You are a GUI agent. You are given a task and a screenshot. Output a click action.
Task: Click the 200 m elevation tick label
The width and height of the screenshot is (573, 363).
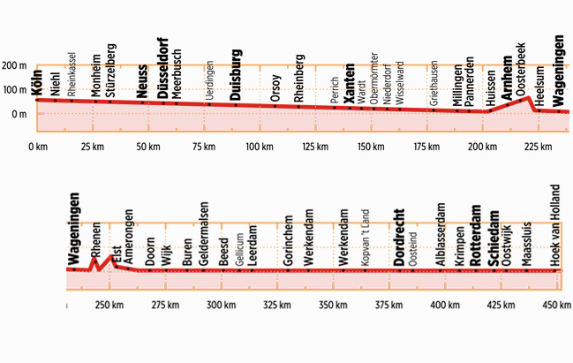(x=13, y=66)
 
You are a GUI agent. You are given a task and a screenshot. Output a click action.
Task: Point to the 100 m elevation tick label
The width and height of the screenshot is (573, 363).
(x=13, y=90)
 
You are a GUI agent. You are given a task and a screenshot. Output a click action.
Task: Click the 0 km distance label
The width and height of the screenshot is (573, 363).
(x=37, y=147)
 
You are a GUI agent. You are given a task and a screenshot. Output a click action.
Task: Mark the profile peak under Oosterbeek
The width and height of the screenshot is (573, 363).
(x=528, y=97)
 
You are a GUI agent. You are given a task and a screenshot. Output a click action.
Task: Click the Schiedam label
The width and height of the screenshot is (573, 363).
(x=494, y=231)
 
